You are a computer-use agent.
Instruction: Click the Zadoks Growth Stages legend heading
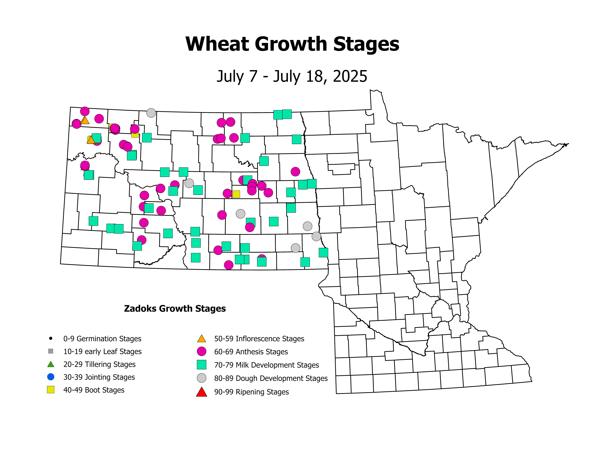point(175,309)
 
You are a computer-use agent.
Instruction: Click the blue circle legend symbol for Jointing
point(51,377)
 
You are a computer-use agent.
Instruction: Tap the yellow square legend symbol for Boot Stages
point(51,390)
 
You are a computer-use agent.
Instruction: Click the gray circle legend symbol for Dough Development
point(202,378)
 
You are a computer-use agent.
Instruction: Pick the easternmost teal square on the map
point(323,252)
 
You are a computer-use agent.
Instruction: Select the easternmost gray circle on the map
point(316,236)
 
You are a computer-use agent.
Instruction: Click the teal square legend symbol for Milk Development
point(202,365)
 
